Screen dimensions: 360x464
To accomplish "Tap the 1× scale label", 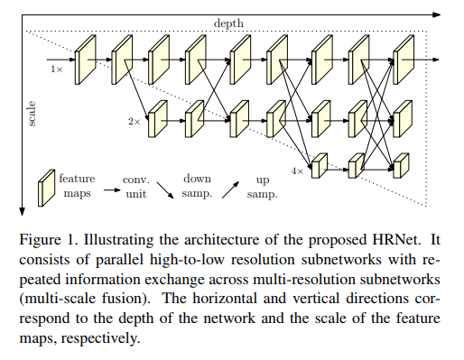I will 56,68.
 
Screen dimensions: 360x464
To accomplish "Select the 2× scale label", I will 134,119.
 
